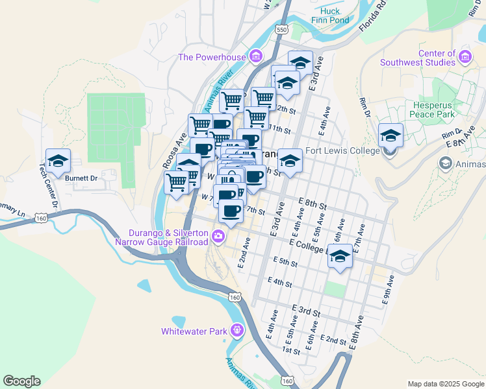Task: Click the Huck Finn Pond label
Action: point(330,16)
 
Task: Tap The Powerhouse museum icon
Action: point(256,56)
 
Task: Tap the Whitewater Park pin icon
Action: point(237,331)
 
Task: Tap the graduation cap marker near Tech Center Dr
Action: point(58,160)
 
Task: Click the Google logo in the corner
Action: point(21,381)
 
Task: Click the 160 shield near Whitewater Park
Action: point(234,297)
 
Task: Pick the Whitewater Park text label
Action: point(194,331)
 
